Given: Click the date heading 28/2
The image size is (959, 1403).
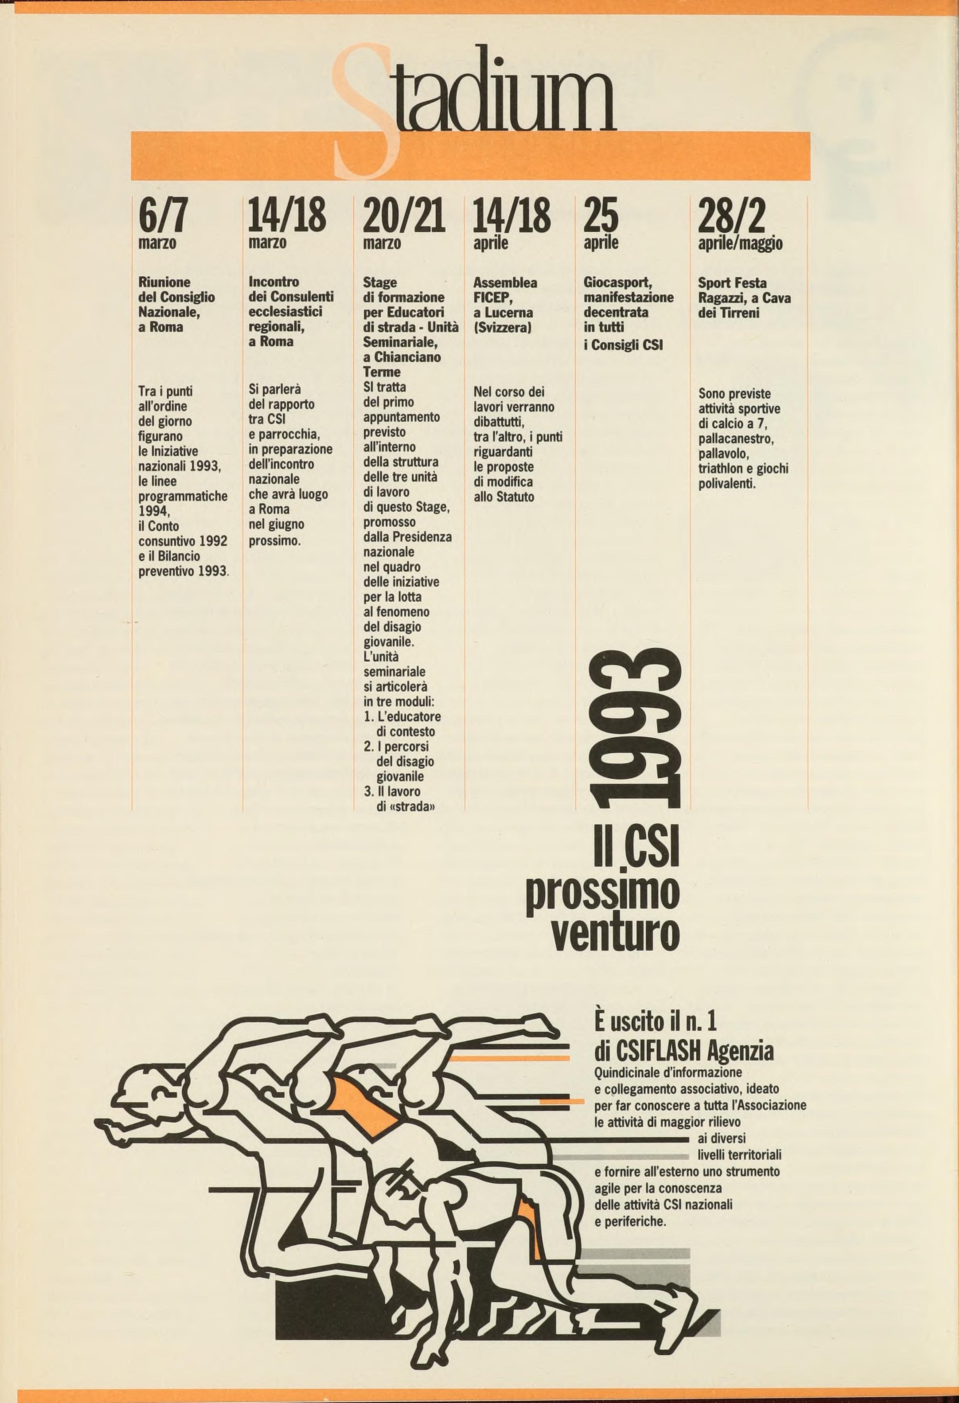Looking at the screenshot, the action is (731, 215).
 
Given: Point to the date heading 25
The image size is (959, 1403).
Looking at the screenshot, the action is (600, 215).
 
